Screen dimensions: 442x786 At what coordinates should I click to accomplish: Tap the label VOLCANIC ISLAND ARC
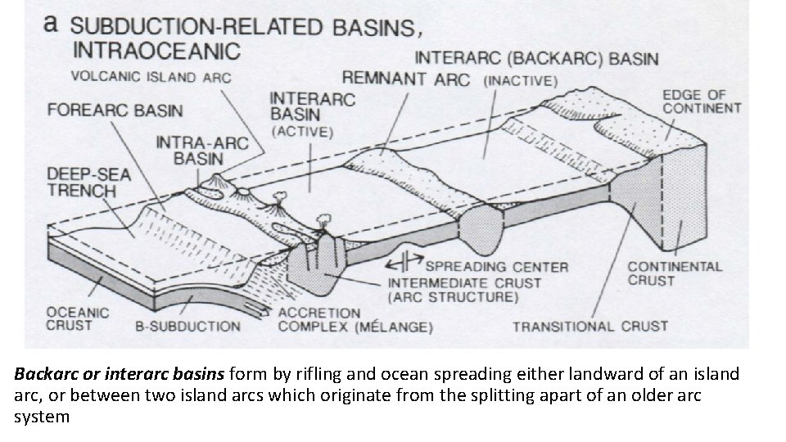151,78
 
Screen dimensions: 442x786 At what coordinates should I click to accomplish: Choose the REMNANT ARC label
405,79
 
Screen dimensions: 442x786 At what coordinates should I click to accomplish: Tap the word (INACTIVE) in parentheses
522,80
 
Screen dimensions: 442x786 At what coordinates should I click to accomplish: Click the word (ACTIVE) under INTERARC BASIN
302,132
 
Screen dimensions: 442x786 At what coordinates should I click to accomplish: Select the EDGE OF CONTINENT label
702,101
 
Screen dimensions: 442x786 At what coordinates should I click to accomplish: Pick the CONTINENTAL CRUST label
675,273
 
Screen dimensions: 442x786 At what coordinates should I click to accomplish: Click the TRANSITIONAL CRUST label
590,327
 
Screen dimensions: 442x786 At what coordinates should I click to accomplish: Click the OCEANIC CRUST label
77,318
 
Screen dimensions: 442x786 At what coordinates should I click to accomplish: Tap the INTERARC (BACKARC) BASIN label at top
537,58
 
